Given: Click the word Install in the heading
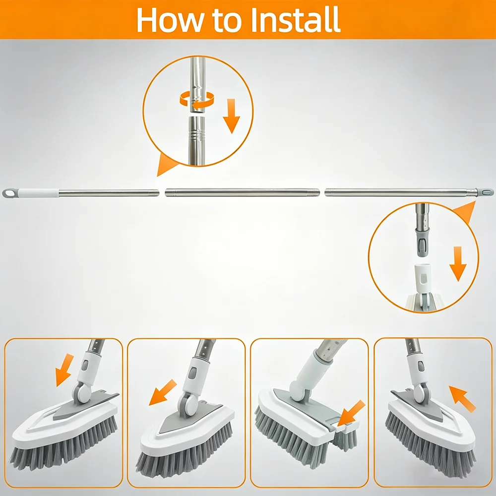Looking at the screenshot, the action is (x=295, y=20).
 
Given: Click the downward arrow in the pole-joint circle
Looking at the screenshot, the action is (x=232, y=116).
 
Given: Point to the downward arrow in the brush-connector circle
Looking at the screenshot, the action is (x=458, y=264).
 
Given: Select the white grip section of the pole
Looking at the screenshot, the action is (x=38, y=193).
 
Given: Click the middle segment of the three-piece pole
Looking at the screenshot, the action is (x=243, y=192).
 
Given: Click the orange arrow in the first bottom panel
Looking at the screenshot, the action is (x=64, y=370).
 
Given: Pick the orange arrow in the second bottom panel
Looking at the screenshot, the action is (x=162, y=392).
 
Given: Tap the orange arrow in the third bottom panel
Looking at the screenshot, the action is (x=351, y=413).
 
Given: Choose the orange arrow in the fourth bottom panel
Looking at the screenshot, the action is (x=462, y=398).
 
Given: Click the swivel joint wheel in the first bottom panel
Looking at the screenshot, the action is (x=81, y=392).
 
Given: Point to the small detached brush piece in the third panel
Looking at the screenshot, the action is (x=345, y=437).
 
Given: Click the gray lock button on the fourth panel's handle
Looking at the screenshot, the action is (x=421, y=366).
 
